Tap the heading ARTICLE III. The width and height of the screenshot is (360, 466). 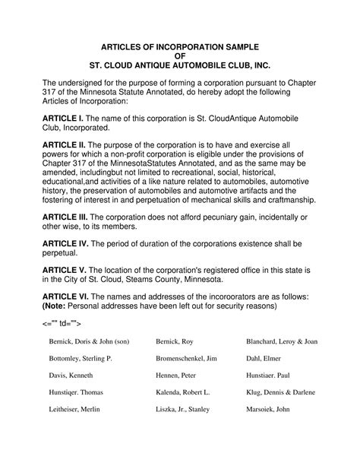[67, 217]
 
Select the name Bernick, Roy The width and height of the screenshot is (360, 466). [175, 341]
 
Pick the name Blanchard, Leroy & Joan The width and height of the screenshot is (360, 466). [282, 341]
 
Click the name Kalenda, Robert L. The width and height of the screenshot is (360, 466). [182, 393]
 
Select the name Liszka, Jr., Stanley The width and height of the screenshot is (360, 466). [183, 411]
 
